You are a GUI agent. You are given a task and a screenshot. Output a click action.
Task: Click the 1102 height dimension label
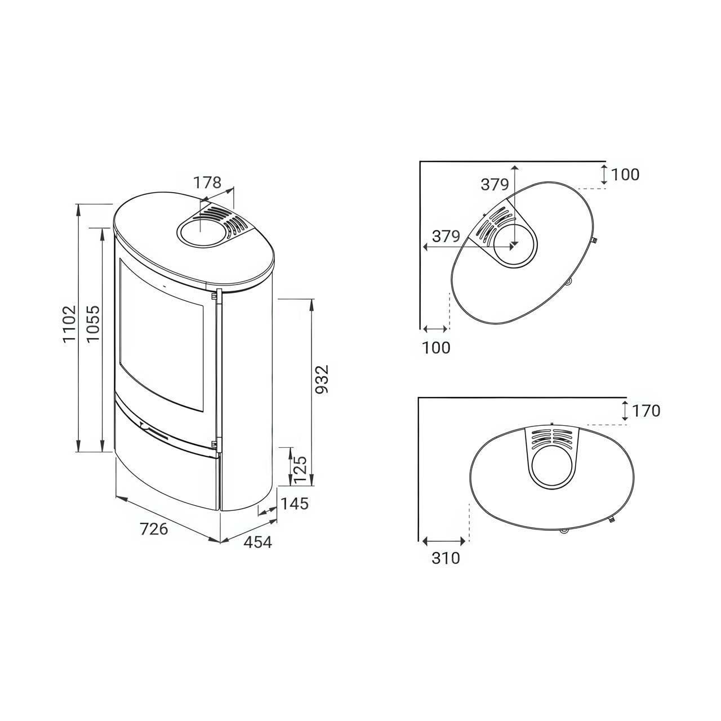pos(70,324)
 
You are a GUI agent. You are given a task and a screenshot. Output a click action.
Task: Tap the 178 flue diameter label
pos(207,183)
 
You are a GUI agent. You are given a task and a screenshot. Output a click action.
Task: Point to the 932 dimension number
pos(322,379)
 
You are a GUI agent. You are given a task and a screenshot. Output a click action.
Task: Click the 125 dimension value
pos(300,470)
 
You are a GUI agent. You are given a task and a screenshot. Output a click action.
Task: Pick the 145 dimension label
pos(295,504)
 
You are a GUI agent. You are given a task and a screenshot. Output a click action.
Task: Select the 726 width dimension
pos(154,529)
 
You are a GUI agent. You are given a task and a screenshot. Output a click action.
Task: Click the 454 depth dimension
pos(258,542)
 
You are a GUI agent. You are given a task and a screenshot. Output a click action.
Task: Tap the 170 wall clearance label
pos(646,411)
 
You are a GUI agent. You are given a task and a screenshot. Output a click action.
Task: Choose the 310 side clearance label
pos(446,558)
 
